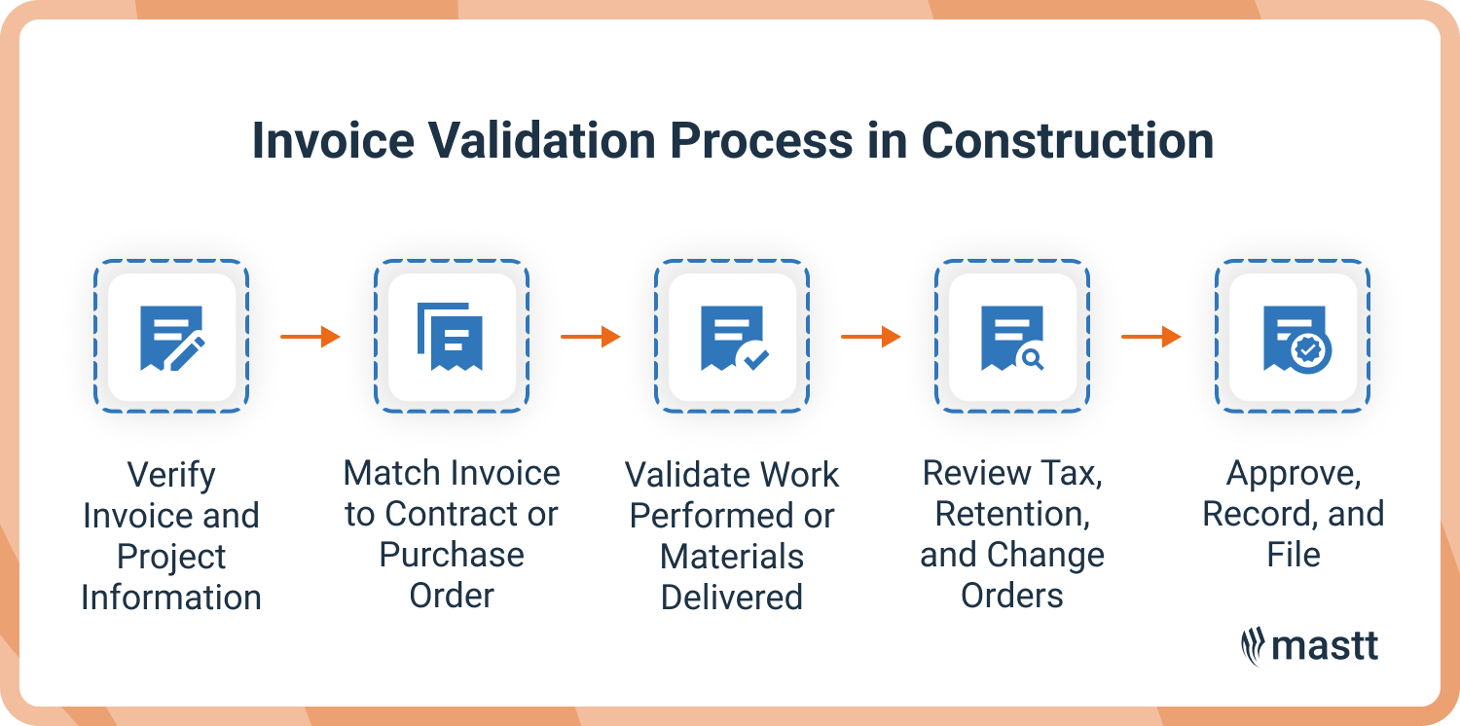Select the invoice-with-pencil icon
coord(171,337)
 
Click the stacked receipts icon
coord(451,337)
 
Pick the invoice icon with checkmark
coord(732,337)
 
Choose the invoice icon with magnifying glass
coord(1012,337)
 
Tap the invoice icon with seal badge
coord(1294,337)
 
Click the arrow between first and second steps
coord(310,337)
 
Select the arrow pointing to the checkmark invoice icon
coord(591,337)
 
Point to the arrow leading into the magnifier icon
coord(871,337)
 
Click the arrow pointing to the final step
coord(1151,337)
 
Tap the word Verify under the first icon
coord(171,476)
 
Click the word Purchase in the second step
coord(452,555)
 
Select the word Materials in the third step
coord(732,557)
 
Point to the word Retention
coord(1012,514)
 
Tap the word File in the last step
coord(1294,555)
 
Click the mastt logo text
coord(1326,646)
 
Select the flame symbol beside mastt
coord(1252,646)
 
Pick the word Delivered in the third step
coord(732,597)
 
